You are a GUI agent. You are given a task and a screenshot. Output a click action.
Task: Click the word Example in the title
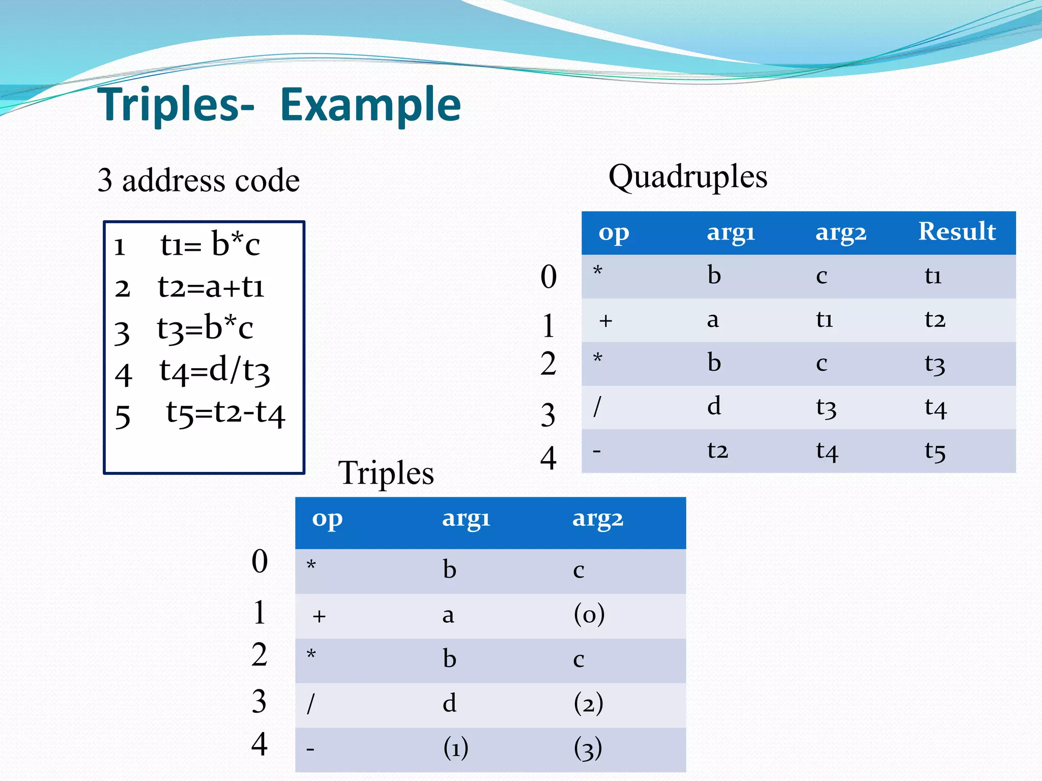click(370, 105)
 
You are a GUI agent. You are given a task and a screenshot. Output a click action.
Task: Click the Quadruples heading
click(687, 177)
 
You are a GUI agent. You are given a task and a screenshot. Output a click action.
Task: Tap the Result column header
click(957, 232)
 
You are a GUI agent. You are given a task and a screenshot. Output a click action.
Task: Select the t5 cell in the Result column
click(935, 451)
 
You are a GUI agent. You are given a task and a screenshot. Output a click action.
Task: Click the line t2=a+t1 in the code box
click(211, 287)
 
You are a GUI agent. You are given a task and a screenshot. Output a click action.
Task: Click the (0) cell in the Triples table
click(589, 615)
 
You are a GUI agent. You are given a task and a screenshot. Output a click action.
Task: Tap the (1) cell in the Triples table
click(456, 748)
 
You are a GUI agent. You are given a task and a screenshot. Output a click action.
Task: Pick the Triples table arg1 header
click(466, 519)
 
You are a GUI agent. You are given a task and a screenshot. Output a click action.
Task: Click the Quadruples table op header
click(614, 233)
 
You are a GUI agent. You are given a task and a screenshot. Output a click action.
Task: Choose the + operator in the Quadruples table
click(605, 321)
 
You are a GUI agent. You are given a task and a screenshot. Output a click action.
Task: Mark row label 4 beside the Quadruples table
click(548, 458)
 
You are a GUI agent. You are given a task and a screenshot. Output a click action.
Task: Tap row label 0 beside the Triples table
click(259, 561)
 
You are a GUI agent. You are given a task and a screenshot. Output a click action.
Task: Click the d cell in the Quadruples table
click(714, 406)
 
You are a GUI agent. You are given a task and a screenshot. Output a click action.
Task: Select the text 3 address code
click(198, 181)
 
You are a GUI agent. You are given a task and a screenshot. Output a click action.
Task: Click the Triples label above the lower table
click(386, 473)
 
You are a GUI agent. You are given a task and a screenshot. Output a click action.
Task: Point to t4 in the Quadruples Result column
click(935, 408)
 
